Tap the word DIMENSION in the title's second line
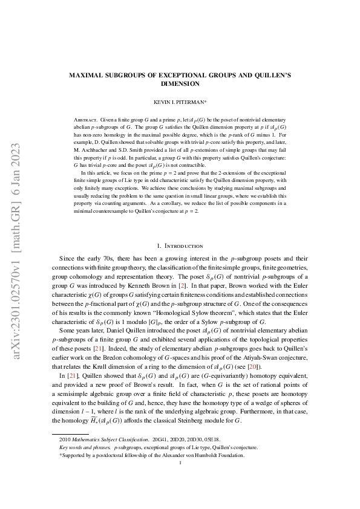tap(180, 84)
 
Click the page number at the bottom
tap(180, 464)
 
